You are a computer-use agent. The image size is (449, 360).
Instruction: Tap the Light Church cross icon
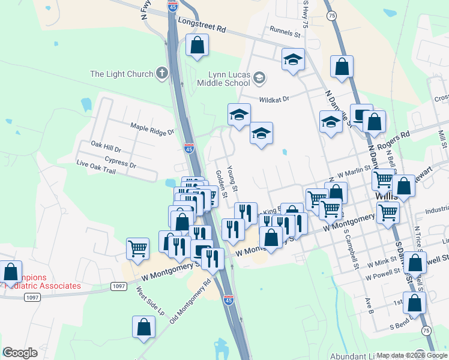161,74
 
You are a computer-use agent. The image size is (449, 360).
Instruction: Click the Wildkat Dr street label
274,99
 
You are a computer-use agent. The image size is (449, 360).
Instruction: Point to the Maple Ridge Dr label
152,127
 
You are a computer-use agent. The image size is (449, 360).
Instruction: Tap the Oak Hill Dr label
106,146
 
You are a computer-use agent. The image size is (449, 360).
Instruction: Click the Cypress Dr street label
120,162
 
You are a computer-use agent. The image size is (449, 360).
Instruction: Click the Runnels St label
285,35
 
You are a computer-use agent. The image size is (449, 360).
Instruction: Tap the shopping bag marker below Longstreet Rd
197,45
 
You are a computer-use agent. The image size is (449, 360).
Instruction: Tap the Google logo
20,353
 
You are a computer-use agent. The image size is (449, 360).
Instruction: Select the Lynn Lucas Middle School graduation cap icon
259,77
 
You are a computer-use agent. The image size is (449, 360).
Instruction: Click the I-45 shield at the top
173,6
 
